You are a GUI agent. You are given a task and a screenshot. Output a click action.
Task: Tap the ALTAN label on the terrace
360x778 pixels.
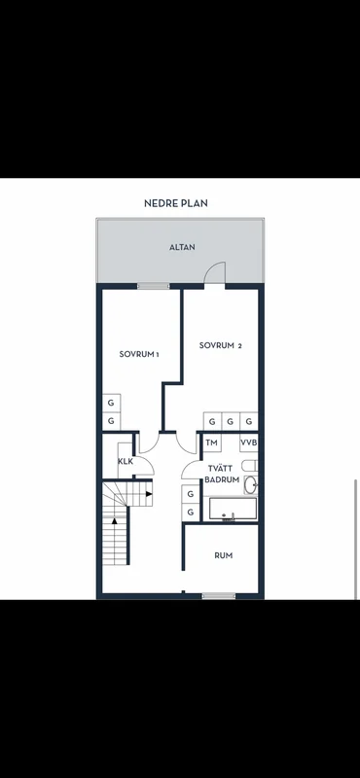pos(182,247)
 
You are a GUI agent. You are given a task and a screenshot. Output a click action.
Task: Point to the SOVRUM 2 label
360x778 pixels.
pos(220,345)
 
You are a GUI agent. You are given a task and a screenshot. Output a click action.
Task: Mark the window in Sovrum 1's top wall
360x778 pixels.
pos(153,286)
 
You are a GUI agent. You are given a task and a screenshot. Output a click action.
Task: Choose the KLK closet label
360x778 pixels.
pos(126,461)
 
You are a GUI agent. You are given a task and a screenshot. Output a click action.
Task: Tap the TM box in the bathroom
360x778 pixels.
pos(211,442)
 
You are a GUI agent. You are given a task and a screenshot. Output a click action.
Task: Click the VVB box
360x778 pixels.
pos(248,442)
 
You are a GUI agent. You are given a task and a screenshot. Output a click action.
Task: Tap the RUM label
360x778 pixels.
pos(223,555)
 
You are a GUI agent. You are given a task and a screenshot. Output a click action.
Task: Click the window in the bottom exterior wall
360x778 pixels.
pos(218,595)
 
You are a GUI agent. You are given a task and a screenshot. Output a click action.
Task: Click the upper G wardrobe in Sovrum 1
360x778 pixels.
pos(111,403)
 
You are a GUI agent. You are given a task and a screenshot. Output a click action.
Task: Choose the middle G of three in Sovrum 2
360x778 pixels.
pos(230,421)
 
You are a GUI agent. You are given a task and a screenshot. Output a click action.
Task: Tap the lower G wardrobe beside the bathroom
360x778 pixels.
pos(190,512)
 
